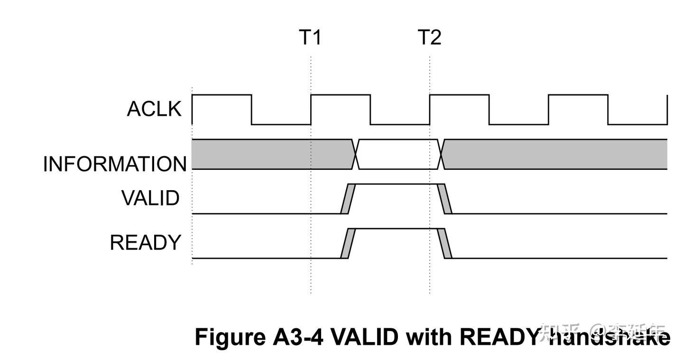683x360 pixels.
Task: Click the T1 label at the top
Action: tap(310, 37)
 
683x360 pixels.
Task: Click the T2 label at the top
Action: tap(429, 37)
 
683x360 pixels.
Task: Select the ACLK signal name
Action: tap(154, 109)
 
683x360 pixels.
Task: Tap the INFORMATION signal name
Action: tap(115, 164)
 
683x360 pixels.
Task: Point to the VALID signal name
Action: tap(151, 198)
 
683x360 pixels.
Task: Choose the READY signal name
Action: tap(146, 243)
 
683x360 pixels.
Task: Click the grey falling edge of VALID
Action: tap(445, 199)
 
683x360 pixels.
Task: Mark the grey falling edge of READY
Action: tap(445, 243)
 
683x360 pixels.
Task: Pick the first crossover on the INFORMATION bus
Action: tap(356, 154)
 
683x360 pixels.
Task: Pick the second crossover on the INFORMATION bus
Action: tap(442, 154)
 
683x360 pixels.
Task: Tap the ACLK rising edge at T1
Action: tap(311, 110)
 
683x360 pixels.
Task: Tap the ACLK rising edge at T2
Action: tap(430, 110)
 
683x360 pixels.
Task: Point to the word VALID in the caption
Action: tap(364, 337)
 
